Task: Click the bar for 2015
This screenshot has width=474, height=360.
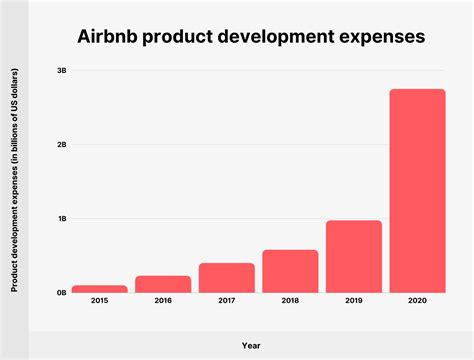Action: coord(99,289)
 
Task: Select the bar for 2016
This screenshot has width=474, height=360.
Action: coord(162,284)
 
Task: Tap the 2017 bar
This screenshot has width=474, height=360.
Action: coord(226,278)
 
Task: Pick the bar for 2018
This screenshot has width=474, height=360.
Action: coord(290,271)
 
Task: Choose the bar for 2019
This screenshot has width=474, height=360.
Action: coord(354,256)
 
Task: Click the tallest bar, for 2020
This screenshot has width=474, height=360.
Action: coord(417,190)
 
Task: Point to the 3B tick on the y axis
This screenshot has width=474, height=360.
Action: coord(61,70)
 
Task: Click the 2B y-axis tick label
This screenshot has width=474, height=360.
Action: coord(61,144)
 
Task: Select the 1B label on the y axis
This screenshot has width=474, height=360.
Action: coord(61,218)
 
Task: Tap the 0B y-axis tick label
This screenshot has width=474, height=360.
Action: coord(61,293)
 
